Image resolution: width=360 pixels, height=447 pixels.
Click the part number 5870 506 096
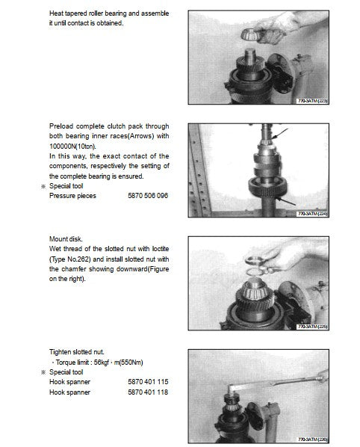click(148, 196)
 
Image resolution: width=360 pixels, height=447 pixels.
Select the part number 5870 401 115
click(148, 382)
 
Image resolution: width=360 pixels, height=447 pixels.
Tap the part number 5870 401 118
click(148, 392)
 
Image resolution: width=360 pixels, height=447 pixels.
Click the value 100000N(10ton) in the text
click(72, 147)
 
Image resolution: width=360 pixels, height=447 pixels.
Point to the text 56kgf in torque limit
click(102, 363)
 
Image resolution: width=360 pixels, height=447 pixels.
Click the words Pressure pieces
click(72, 196)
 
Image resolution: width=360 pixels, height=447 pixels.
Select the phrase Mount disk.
click(66, 239)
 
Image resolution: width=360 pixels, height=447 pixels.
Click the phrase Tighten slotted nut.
click(77, 352)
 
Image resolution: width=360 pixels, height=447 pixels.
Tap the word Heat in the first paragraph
click(56, 13)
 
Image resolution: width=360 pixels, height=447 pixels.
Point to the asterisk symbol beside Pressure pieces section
click(43, 186)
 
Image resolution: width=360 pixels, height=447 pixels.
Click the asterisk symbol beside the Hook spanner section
click(43, 372)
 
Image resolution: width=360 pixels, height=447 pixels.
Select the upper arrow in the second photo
click(280, 134)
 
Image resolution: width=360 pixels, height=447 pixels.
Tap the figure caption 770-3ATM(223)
click(312, 101)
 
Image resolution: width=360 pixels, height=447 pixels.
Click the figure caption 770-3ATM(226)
click(312, 440)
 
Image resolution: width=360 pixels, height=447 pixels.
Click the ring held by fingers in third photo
click(254, 259)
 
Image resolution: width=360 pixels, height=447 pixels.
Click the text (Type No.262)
click(70, 259)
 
